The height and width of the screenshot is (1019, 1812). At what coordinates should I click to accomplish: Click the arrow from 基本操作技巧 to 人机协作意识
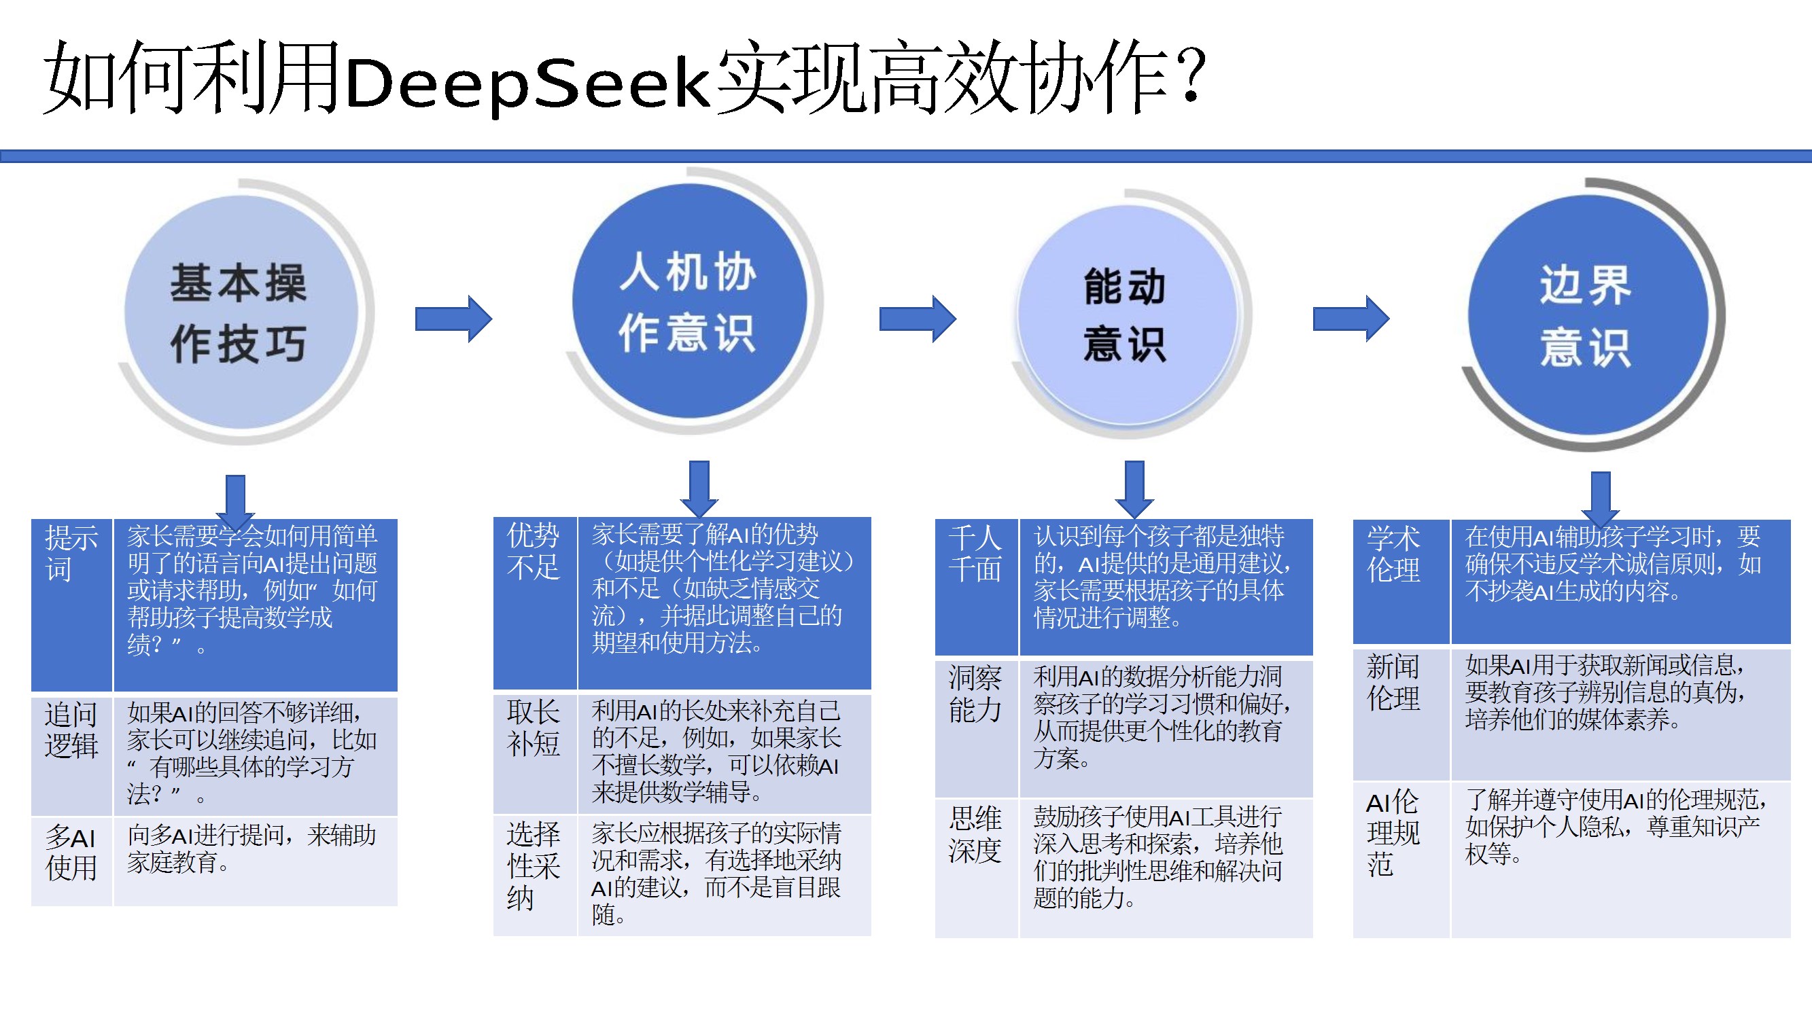pos(453,319)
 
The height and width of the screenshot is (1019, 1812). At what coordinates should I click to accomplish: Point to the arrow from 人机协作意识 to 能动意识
pos(918,319)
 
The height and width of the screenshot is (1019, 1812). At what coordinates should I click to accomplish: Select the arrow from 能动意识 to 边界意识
pos(1351,319)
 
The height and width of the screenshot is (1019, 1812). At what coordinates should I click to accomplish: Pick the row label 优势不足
pos(533,552)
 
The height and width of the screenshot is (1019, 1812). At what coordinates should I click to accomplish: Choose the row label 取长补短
pos(533,728)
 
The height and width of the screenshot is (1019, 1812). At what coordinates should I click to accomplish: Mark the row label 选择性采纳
pos(533,865)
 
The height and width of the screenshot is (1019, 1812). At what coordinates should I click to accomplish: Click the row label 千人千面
pos(975,554)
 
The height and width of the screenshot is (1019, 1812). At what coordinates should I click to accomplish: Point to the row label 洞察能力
pos(975,694)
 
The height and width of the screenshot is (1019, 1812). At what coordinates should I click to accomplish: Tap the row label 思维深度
pos(975,835)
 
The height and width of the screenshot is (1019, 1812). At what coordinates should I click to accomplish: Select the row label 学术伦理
pos(1393,554)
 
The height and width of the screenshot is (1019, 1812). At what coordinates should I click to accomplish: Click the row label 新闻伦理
pos(1393,682)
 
